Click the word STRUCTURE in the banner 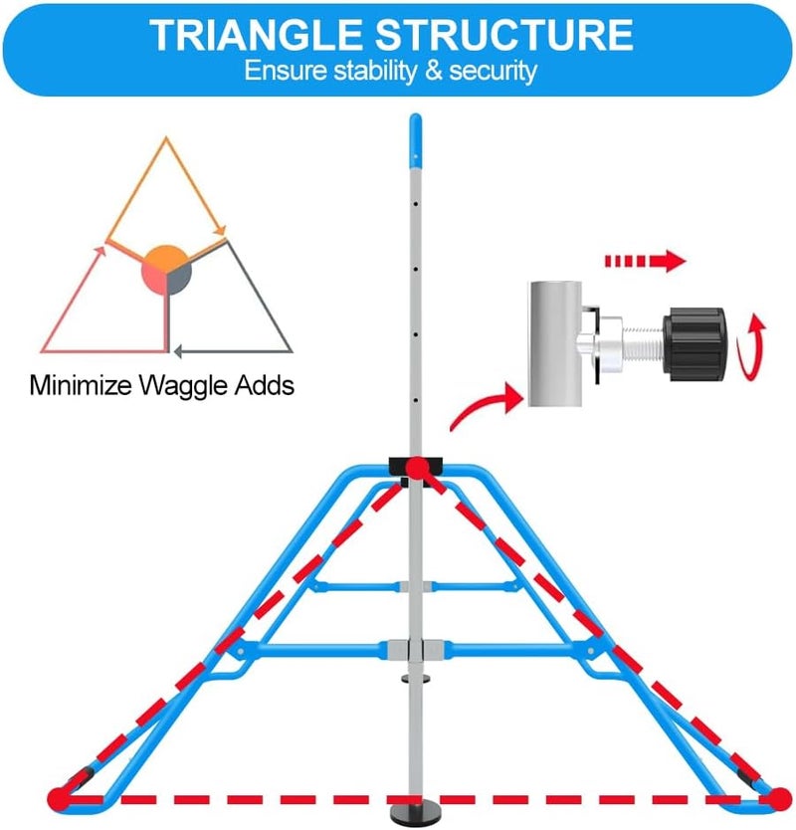[x=504, y=35]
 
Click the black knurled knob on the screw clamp [x=695, y=344]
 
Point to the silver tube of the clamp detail [x=555, y=343]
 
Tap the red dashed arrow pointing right [x=645, y=261]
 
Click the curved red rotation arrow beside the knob [x=752, y=346]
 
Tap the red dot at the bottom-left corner [x=59, y=798]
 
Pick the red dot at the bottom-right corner [x=779, y=798]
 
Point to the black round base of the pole [x=416, y=812]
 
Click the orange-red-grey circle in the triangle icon [x=166, y=270]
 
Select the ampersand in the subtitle [x=434, y=71]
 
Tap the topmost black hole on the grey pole [x=416, y=204]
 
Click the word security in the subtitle [x=494, y=72]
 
